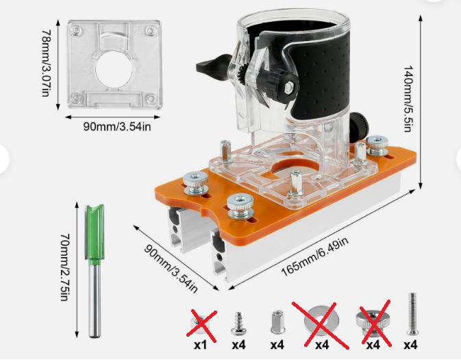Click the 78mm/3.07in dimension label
(45, 62)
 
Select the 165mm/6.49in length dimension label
(315, 256)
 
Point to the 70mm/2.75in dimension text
(65, 267)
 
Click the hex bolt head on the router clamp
(288, 87)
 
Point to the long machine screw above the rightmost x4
(412, 314)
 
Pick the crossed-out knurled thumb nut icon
(372, 323)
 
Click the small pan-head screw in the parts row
(239, 324)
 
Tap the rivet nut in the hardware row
(277, 322)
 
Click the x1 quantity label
(200, 345)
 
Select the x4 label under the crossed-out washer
(322, 345)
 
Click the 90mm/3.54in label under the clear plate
(117, 127)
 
